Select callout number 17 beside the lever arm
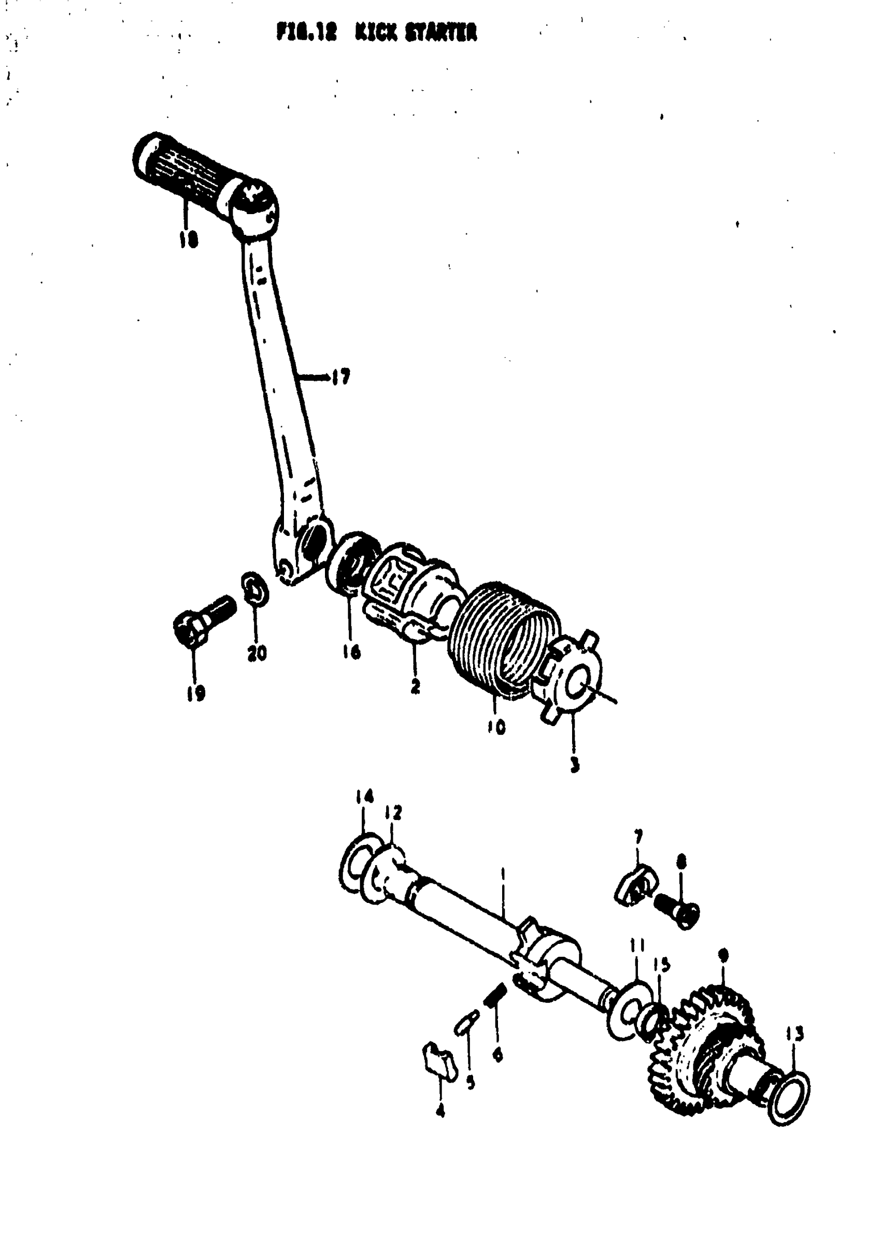click(340, 376)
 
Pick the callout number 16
click(351, 651)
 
